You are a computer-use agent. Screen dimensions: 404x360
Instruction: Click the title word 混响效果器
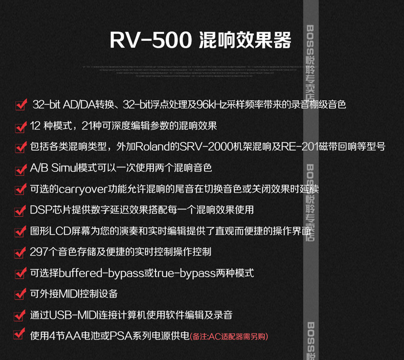244,40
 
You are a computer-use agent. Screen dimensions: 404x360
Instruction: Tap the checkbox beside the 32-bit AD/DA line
20,105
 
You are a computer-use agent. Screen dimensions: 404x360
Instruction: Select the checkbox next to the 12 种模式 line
20,126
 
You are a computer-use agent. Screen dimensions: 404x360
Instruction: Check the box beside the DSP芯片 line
20,210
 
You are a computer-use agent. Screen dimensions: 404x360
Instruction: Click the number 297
40,252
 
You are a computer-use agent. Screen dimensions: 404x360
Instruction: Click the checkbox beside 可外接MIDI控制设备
20,294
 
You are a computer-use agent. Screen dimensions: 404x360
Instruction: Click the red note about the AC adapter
229,336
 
